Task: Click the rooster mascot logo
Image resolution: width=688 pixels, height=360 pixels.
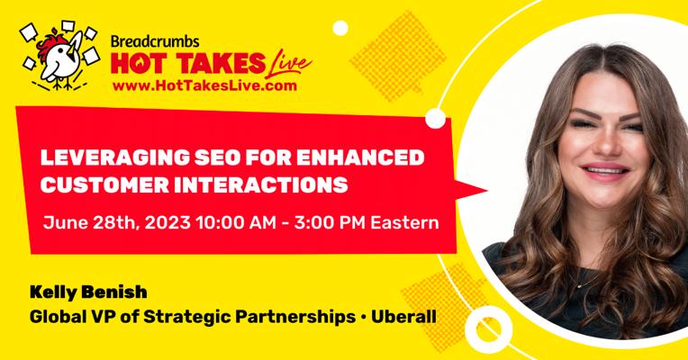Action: pyautogui.click(x=59, y=56)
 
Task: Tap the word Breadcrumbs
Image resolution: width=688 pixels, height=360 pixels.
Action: pyautogui.click(x=155, y=41)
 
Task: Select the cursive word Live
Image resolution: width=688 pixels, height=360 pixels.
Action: pyautogui.click(x=289, y=62)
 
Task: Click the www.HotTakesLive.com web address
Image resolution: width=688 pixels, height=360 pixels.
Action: pyautogui.click(x=204, y=85)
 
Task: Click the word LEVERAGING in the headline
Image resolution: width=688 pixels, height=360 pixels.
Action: pyautogui.click(x=114, y=157)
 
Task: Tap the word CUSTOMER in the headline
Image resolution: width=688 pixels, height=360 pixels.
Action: pyautogui.click(x=104, y=185)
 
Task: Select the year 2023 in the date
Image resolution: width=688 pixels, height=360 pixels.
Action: pyautogui.click(x=167, y=222)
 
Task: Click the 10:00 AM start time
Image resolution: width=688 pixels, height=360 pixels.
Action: pyautogui.click(x=236, y=222)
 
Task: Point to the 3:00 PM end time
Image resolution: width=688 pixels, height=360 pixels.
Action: pyautogui.click(x=330, y=222)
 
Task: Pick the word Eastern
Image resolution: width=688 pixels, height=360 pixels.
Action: pyautogui.click(x=404, y=222)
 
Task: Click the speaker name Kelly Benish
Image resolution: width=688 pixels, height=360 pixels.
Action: pyautogui.click(x=88, y=292)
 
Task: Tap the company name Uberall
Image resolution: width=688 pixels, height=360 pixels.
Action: pyautogui.click(x=403, y=317)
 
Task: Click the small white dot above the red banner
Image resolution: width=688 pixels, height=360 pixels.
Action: pyautogui.click(x=340, y=28)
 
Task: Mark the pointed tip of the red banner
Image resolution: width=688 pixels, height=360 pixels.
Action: pyautogui.click(x=487, y=191)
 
